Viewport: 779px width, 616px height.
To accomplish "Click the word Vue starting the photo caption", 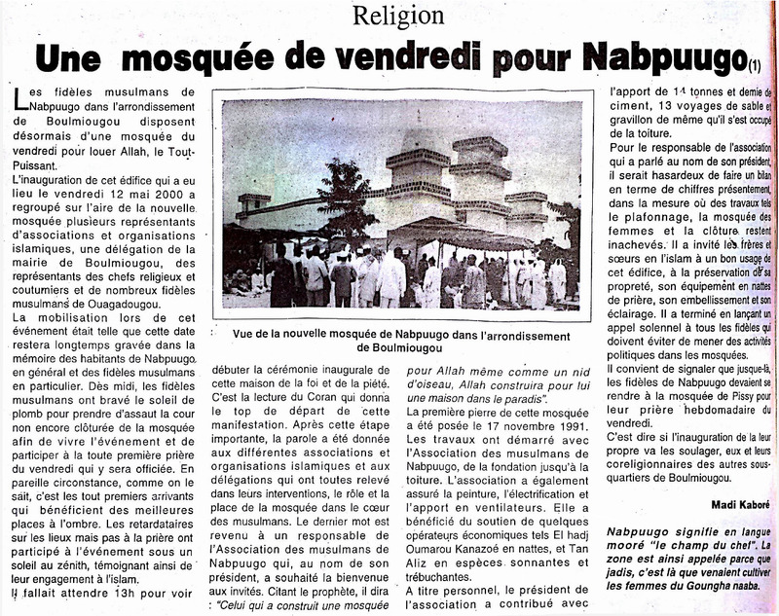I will [x=245, y=331].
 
